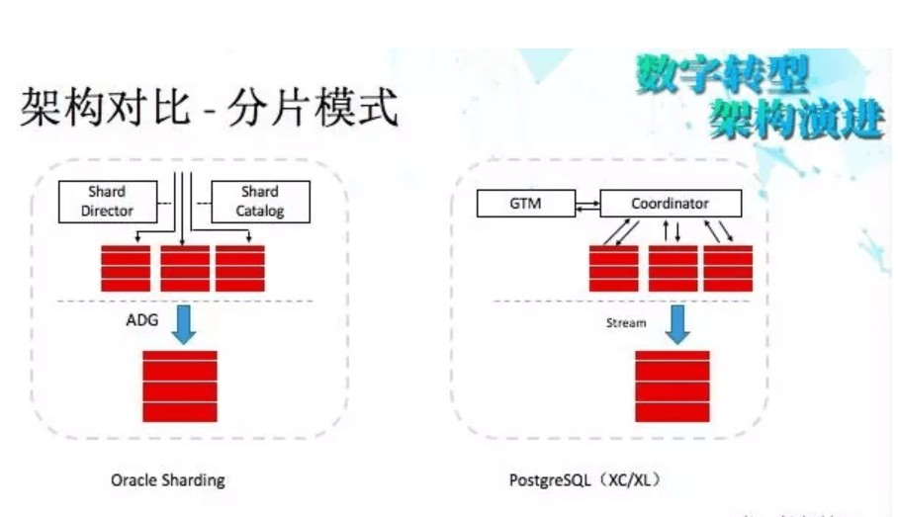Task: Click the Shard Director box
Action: click(109, 201)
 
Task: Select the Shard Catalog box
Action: click(260, 201)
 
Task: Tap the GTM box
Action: click(523, 205)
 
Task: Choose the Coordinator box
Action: click(670, 205)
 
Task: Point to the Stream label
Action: click(626, 323)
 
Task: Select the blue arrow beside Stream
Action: click(677, 323)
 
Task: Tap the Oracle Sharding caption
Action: click(168, 480)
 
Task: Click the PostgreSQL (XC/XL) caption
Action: click(584, 480)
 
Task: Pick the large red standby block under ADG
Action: click(179, 387)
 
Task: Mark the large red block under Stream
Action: click(673, 387)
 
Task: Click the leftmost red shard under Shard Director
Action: click(126, 268)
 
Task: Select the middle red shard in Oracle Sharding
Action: click(185, 268)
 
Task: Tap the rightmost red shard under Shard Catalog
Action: click(240, 268)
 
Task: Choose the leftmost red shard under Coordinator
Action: click(614, 268)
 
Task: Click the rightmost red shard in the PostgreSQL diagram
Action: click(729, 268)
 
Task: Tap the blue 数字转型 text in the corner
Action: click(723, 76)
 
